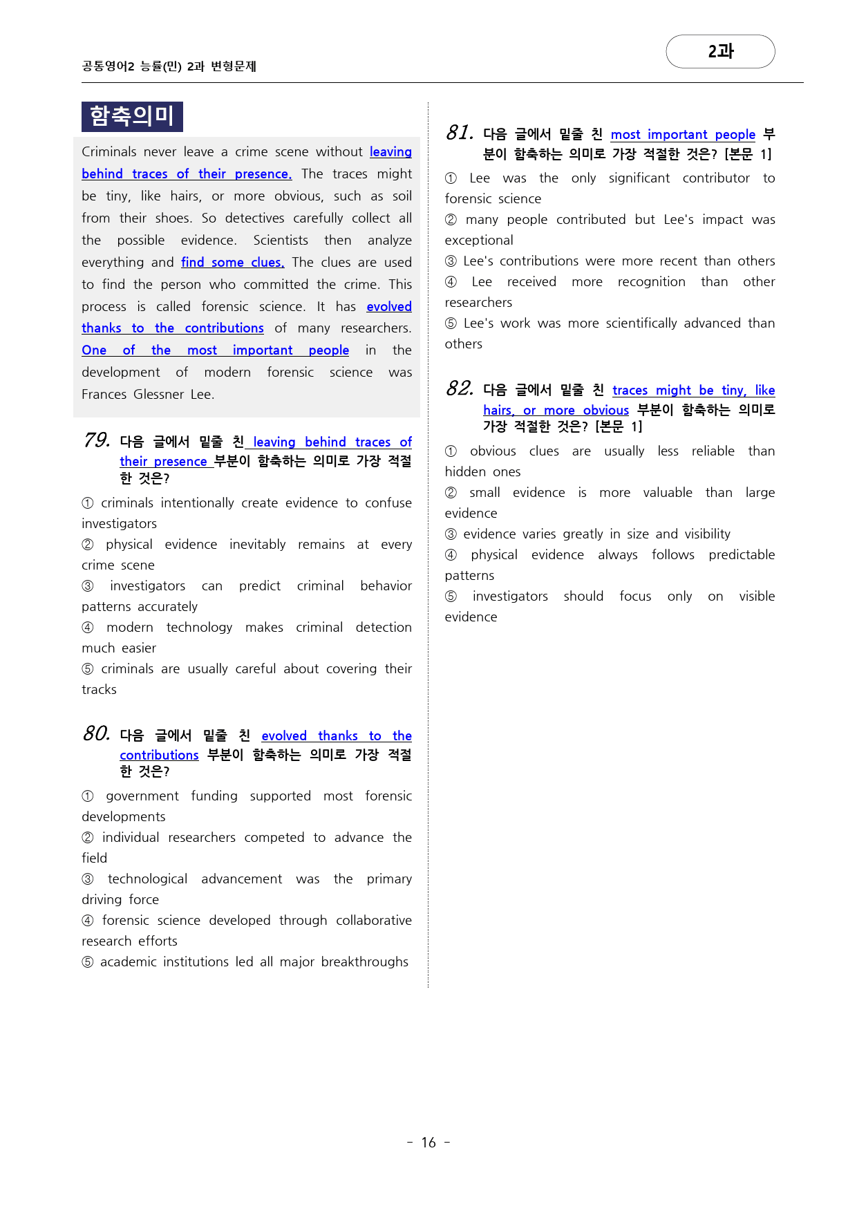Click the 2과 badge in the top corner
(x=720, y=51)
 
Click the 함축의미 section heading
(x=132, y=116)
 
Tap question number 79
(x=97, y=440)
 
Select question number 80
(x=97, y=733)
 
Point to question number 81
(x=460, y=133)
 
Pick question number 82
(x=460, y=388)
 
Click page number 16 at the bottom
(x=428, y=1143)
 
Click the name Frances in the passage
(x=104, y=394)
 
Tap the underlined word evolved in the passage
(x=389, y=306)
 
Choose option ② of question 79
(x=88, y=545)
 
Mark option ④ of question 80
(x=88, y=921)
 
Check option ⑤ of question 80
(x=88, y=962)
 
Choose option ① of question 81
(x=451, y=178)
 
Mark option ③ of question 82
(x=451, y=534)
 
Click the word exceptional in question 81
(x=479, y=240)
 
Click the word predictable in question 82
(x=741, y=554)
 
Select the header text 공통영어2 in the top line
(x=108, y=66)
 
